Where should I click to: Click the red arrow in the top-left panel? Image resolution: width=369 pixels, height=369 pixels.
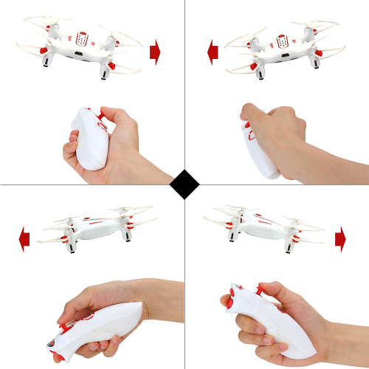pyautogui.click(x=154, y=51)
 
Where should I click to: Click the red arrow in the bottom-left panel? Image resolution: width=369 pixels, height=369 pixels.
pyautogui.click(x=24, y=238)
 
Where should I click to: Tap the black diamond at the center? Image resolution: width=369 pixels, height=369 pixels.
pyautogui.click(x=184, y=184)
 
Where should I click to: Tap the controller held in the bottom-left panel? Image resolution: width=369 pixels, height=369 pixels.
pyautogui.click(x=96, y=322)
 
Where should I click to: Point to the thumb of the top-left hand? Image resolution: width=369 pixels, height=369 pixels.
pyautogui.click(x=107, y=115)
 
